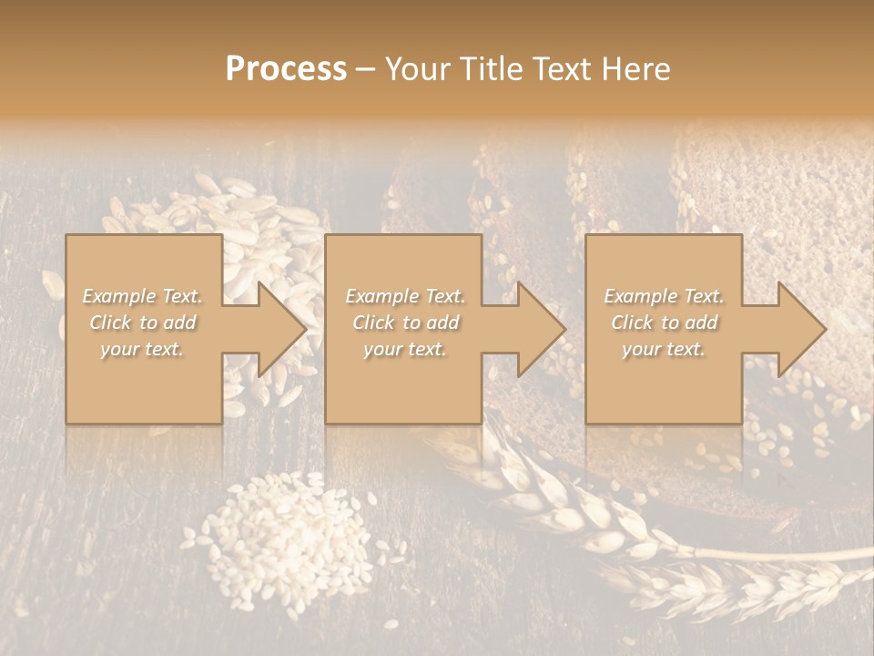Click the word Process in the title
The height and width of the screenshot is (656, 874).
(x=286, y=69)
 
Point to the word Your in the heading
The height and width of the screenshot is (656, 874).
(x=416, y=69)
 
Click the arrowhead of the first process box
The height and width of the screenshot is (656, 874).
(x=279, y=329)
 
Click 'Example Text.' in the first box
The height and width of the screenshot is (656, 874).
(x=143, y=296)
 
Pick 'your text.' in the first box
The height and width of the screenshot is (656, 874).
(x=143, y=349)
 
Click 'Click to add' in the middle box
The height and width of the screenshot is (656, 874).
(x=405, y=323)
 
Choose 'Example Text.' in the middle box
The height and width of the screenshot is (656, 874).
(x=405, y=296)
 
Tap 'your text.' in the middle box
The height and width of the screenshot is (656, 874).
(x=405, y=349)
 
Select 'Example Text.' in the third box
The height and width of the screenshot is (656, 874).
(x=664, y=296)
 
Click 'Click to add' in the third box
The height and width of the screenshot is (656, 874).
(x=664, y=323)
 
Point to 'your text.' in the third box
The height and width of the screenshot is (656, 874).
(x=664, y=349)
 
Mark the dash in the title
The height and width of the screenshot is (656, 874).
(x=366, y=69)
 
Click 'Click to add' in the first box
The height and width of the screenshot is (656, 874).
(x=143, y=323)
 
